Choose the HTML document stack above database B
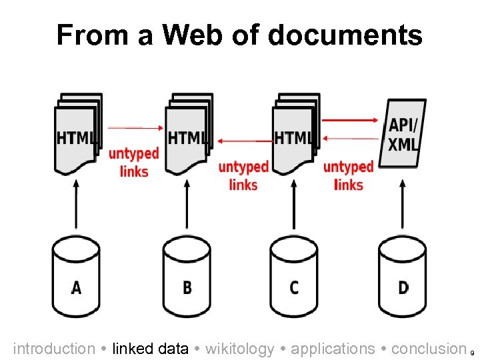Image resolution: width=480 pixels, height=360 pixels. [187, 133]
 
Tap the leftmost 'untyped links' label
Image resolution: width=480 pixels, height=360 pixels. [134, 162]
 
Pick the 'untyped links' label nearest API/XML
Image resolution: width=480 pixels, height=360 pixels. [348, 175]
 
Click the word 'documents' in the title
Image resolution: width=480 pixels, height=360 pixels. [345, 35]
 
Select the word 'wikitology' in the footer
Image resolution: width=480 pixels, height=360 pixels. [240, 349]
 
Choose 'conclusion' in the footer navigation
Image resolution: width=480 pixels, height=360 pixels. [429, 349]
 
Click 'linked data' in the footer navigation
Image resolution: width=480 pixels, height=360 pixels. [150, 349]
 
